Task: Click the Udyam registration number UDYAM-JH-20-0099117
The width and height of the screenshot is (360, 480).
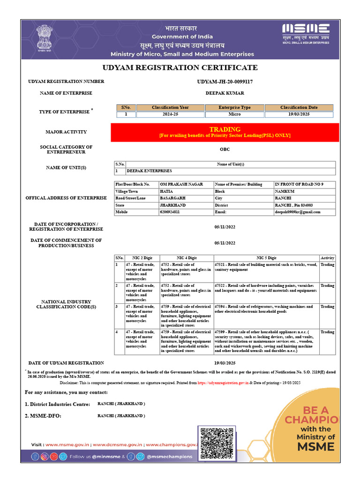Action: (225, 82)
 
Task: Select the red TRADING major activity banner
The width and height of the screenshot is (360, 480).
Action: (225, 132)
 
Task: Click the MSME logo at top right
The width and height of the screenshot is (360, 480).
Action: (305, 33)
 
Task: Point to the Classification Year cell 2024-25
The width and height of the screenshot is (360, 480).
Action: (170, 114)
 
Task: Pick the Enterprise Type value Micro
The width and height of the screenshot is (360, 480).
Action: (234, 114)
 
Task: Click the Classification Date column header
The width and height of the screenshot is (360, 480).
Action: (299, 107)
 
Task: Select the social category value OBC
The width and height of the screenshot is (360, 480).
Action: (225, 150)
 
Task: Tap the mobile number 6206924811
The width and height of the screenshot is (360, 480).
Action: (170, 212)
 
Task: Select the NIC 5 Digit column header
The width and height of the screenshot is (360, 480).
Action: (266, 258)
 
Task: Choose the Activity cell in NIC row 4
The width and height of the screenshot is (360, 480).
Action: (327, 332)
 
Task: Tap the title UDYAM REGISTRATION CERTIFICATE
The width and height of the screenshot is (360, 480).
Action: (180, 67)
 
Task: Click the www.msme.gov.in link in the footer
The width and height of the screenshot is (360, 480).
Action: (64, 444)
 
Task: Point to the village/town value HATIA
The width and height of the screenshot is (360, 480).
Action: (167, 191)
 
